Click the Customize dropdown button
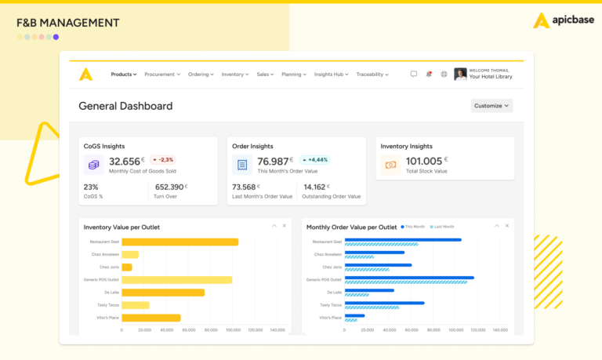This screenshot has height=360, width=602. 491,106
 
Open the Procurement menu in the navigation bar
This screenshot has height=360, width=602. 161,75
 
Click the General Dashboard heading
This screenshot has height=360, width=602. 125,106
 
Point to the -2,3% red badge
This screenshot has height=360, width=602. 163,159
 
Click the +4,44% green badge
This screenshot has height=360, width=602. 314,159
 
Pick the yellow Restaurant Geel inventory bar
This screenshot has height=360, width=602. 180,242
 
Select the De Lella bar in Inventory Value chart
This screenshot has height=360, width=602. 162,293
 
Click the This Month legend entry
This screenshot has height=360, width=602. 415,227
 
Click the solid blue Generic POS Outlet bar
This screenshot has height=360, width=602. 408,278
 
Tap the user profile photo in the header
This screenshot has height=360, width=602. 460,74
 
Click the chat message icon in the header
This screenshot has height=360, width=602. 414,75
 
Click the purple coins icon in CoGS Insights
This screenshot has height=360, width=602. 94,165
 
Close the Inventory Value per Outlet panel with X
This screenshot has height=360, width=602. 285,226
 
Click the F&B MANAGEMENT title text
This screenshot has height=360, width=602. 68,23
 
